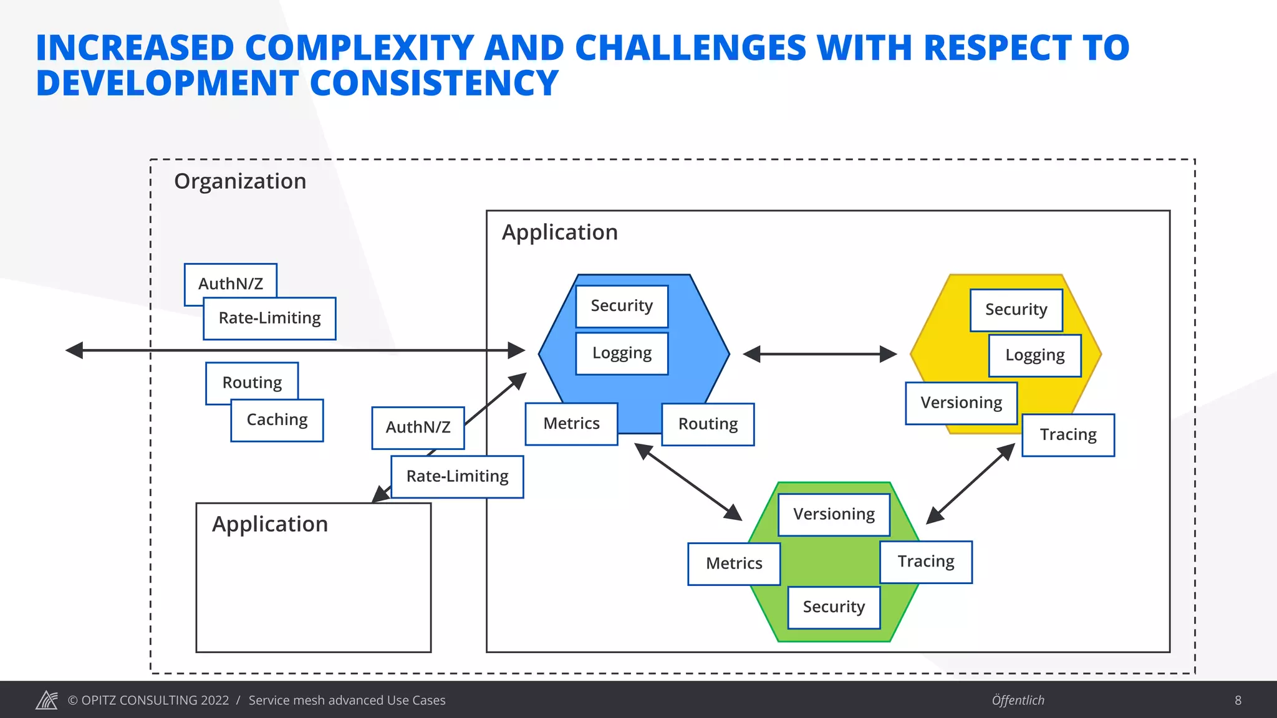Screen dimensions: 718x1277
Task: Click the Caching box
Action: pyautogui.click(x=277, y=420)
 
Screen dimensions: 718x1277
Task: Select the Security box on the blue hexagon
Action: pyautogui.click(x=622, y=306)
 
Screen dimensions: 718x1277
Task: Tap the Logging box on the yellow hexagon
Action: pyautogui.click(x=1034, y=355)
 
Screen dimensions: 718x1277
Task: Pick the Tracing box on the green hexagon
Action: pyautogui.click(x=926, y=562)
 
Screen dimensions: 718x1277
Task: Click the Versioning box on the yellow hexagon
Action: pyautogui.click(x=961, y=403)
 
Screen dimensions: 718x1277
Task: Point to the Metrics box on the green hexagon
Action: pyautogui.click(x=734, y=563)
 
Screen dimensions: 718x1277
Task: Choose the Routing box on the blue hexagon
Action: pyautogui.click(x=708, y=424)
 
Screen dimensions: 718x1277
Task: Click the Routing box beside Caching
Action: pyautogui.click(x=252, y=382)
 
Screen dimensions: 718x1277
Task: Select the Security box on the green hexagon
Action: pyautogui.click(x=834, y=607)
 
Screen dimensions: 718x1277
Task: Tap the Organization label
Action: pyautogui.click(x=240, y=181)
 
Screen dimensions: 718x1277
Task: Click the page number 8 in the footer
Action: pyautogui.click(x=1238, y=701)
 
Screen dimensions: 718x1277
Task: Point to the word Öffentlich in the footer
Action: pyautogui.click(x=1018, y=701)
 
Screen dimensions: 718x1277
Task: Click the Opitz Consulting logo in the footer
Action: pyautogui.click(x=47, y=700)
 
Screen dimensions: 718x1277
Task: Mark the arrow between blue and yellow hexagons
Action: pyautogui.click(x=820, y=354)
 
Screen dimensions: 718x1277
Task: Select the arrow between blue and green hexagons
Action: pyautogui.click(x=688, y=481)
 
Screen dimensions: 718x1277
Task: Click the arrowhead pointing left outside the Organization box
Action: pyautogui.click(x=75, y=350)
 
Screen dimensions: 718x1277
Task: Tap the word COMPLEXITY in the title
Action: pyautogui.click(x=360, y=48)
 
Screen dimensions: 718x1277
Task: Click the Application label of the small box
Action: pyautogui.click(x=270, y=524)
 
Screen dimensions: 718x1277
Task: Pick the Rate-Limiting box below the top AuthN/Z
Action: pyautogui.click(x=269, y=318)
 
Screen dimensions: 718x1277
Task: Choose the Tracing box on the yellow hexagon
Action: pyautogui.click(x=1068, y=435)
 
